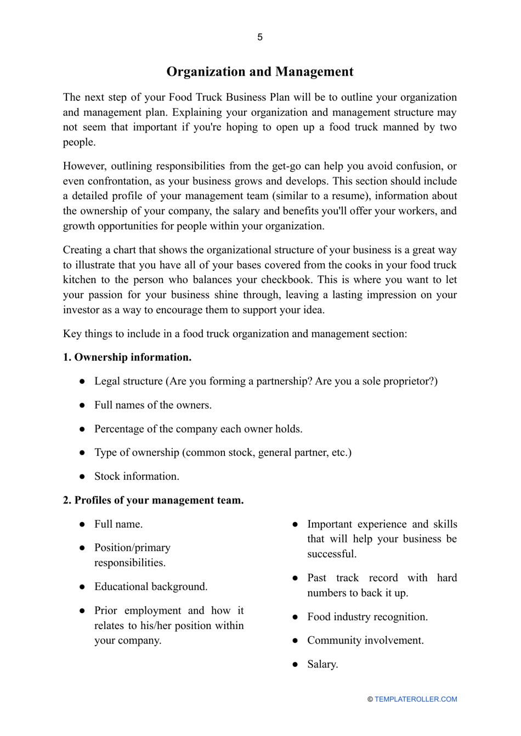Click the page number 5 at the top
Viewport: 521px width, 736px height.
click(x=260, y=37)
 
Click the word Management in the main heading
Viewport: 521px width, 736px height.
click(x=314, y=72)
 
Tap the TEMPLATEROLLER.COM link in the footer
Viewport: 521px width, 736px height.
click(x=416, y=699)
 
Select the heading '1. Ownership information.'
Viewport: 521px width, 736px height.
click(x=127, y=358)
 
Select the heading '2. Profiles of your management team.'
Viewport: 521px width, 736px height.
click(x=153, y=500)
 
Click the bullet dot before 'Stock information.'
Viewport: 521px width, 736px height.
click(x=82, y=477)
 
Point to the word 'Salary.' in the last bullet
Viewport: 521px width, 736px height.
click(x=322, y=664)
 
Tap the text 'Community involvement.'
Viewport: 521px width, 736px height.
click(x=365, y=641)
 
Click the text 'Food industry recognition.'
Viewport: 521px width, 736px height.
click(x=367, y=617)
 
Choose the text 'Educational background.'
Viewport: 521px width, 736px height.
click(x=151, y=587)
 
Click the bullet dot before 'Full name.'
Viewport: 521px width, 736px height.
click(x=82, y=524)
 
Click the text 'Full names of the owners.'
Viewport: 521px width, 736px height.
click(x=153, y=405)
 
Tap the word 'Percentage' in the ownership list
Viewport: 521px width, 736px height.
click(x=119, y=429)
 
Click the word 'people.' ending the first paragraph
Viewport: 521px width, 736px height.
click(x=79, y=142)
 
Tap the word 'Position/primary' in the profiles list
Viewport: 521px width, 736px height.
click(x=132, y=548)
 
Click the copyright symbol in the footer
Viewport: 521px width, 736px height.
click(x=370, y=699)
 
